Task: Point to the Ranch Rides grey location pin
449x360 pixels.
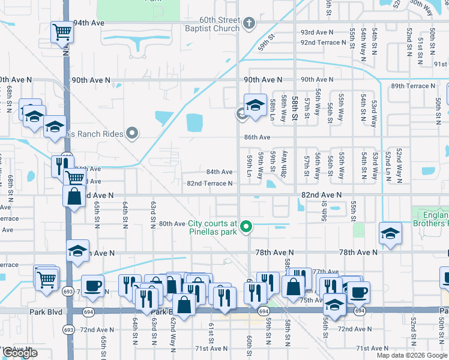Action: pos(131,133)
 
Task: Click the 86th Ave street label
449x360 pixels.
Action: pos(257,137)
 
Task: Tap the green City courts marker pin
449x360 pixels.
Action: pos(245,227)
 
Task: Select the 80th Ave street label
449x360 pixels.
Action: pos(172,224)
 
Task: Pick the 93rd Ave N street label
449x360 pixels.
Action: pos(316,32)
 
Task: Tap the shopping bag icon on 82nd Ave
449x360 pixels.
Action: pos(73,197)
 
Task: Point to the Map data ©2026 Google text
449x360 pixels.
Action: pos(412,355)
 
